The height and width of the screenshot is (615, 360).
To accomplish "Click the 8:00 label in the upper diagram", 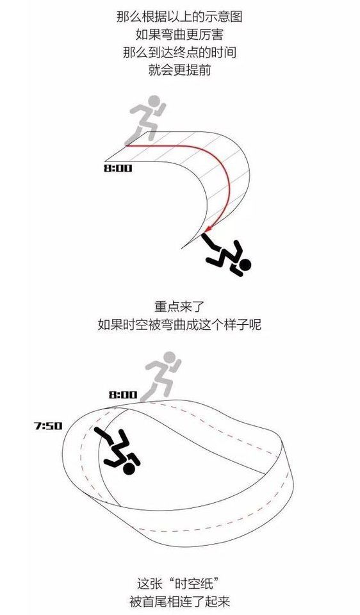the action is pyautogui.click(x=118, y=168).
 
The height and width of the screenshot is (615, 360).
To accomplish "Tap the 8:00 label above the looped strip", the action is pyautogui.click(x=123, y=394).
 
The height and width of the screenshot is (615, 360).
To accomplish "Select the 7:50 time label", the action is pyautogui.click(x=48, y=425).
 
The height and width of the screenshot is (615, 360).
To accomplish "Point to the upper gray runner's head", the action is pyautogui.click(x=155, y=101).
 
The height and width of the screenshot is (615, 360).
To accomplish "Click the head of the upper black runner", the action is pyautogui.click(x=244, y=265).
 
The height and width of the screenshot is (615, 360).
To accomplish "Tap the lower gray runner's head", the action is pyautogui.click(x=170, y=357).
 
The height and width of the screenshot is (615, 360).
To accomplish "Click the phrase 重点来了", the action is pyautogui.click(x=179, y=306).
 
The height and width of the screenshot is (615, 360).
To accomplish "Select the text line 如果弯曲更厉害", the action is pyautogui.click(x=179, y=35).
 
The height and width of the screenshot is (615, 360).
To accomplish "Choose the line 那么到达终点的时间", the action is pyautogui.click(x=179, y=52).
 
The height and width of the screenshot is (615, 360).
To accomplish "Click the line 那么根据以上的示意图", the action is pyautogui.click(x=179, y=17).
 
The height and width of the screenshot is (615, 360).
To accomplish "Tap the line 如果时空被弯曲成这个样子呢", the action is pyautogui.click(x=179, y=324).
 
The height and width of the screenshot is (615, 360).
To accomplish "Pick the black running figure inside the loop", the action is pyautogui.click(x=118, y=451).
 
